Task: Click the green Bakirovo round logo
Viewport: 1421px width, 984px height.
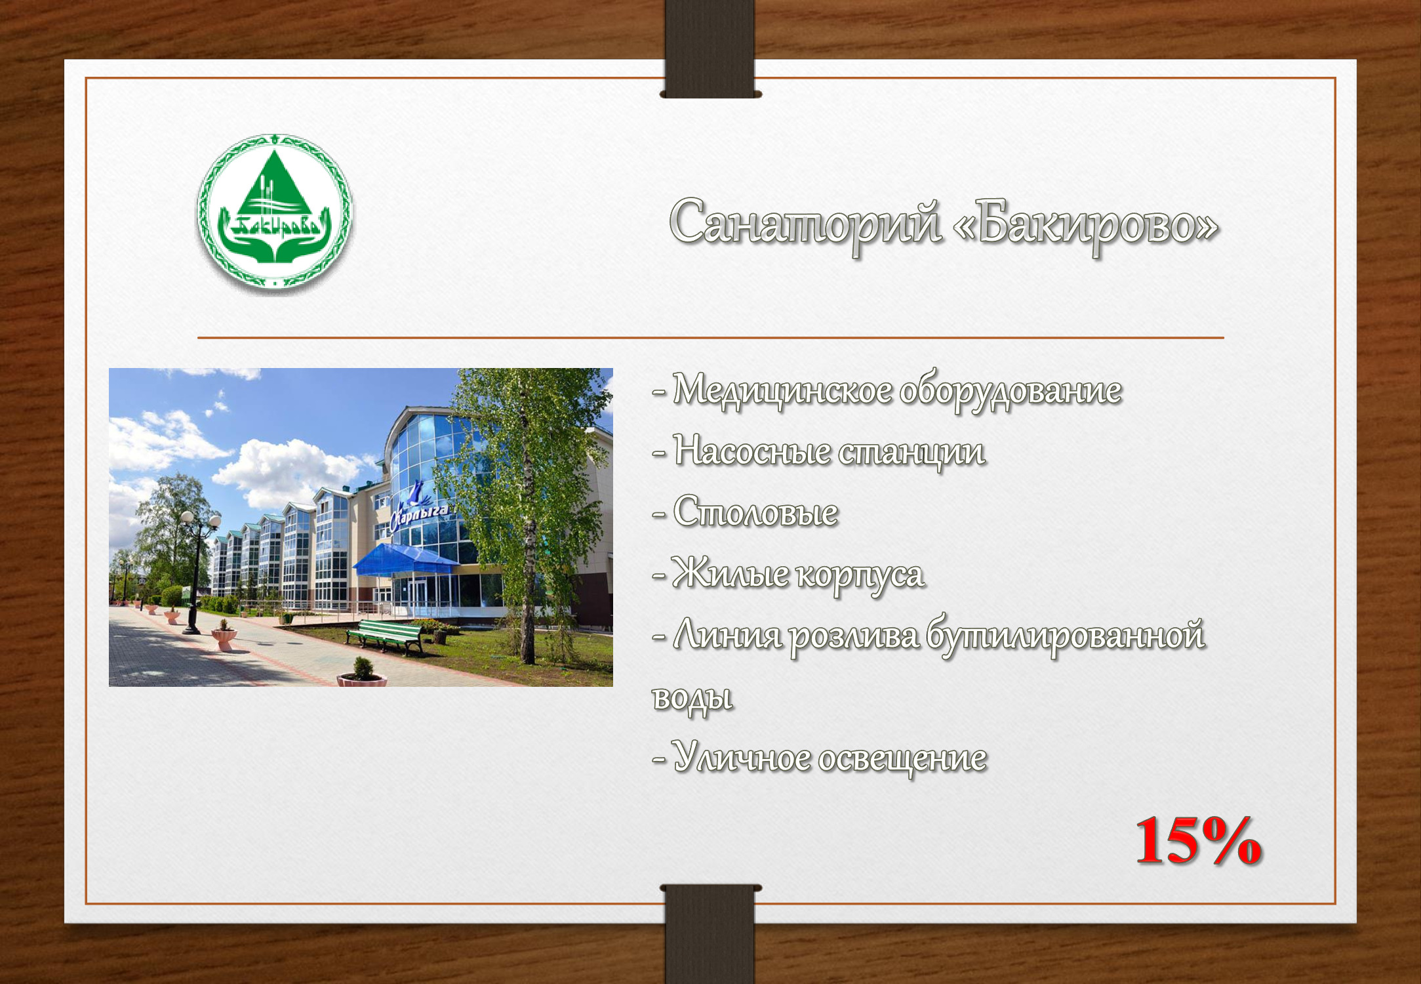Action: (x=275, y=212)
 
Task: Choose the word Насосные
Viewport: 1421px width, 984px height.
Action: (x=752, y=452)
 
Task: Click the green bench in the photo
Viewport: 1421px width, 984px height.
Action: (x=385, y=637)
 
